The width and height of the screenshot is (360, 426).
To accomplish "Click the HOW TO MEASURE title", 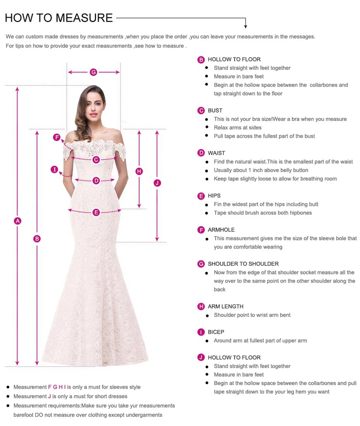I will click(x=59, y=18).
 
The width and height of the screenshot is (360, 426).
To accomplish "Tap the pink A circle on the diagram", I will click(x=17, y=221).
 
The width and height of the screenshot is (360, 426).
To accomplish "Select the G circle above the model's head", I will click(x=93, y=72).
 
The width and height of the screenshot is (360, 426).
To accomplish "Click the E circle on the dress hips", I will click(x=96, y=212).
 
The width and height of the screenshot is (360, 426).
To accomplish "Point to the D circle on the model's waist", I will click(x=96, y=181).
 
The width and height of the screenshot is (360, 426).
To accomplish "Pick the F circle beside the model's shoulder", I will click(x=57, y=137).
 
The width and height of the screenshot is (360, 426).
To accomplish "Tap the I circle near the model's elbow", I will click(x=55, y=170).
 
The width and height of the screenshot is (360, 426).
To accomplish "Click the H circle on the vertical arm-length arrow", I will click(x=139, y=172).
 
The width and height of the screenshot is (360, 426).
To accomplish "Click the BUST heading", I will click(x=215, y=110).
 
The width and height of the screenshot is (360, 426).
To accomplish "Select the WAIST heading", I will click(x=216, y=153).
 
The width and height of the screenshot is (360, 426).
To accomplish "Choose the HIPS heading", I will click(x=214, y=196).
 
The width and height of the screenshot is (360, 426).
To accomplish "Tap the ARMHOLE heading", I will click(x=221, y=230).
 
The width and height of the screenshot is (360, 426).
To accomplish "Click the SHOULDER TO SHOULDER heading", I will click(x=243, y=264).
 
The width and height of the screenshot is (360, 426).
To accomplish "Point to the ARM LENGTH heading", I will click(x=225, y=306).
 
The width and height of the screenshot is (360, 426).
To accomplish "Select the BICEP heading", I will click(x=216, y=332).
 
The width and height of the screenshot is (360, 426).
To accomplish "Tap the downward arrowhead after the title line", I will click(x=246, y=26).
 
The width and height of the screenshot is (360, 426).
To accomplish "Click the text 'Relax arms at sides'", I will click(x=238, y=128).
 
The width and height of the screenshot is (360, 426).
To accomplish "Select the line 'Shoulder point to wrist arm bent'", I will click(x=252, y=315).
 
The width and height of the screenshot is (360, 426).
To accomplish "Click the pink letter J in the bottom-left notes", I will click(x=49, y=396).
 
